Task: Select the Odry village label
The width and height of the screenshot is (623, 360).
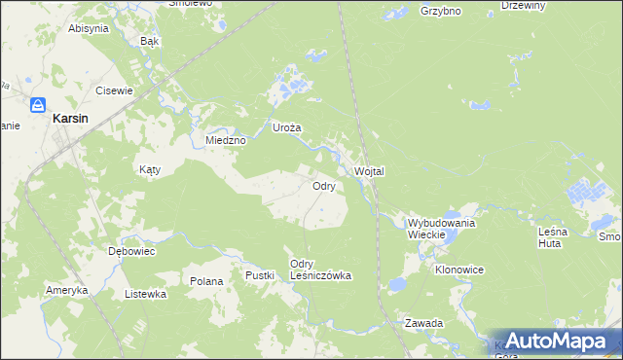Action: tap(324, 185)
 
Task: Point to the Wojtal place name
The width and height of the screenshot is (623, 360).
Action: tap(370, 171)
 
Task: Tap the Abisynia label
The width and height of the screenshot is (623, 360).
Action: tap(88, 28)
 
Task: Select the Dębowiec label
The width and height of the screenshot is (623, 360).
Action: tap(132, 250)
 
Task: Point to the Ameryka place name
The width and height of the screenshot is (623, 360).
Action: tap(67, 290)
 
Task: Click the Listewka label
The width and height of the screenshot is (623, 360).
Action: tap(146, 293)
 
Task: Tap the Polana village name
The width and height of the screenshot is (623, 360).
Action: tap(206, 281)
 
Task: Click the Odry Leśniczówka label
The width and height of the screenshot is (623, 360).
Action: tap(320, 270)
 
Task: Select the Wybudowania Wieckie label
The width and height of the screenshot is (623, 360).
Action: tap(441, 229)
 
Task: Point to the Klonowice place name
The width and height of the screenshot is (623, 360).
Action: tap(459, 269)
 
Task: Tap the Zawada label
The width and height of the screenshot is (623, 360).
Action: tap(424, 322)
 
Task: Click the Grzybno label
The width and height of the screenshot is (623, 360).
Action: tap(440, 12)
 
